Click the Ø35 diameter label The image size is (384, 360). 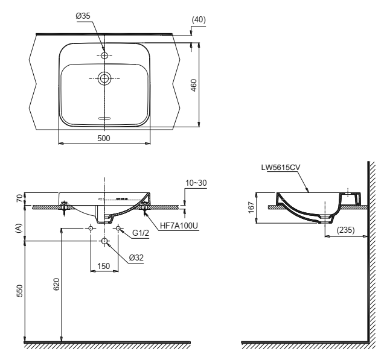point(83,16)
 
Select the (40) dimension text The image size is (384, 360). point(199,19)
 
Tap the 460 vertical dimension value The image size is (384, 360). point(194,85)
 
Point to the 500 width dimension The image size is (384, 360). point(104,138)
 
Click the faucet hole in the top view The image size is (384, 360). point(104,55)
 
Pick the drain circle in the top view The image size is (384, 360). point(104,78)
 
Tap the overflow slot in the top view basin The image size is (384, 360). point(104,118)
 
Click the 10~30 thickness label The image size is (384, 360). point(196,183)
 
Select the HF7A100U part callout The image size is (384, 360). point(179,226)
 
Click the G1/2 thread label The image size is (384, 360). point(141,233)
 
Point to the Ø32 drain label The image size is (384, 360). point(136,257)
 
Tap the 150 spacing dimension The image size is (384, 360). point(104,266)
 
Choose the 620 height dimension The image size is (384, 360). point(57,284)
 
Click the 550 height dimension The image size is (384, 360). point(19,291)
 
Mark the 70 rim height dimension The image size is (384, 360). point(19,198)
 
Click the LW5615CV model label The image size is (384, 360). point(281,167)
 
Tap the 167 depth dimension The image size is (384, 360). point(251,207)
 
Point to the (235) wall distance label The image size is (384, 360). point(346,230)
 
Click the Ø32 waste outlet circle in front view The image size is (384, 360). point(104,241)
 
